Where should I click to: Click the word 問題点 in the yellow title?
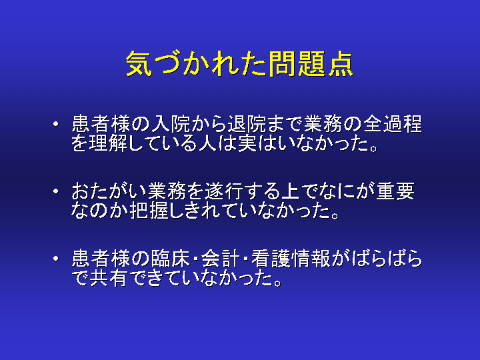pyautogui.click(x=311, y=64)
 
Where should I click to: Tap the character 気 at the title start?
pyautogui.click(x=139, y=64)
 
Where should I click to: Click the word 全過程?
pyautogui.click(x=393, y=124)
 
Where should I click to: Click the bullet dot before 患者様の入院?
pyautogui.click(x=56, y=124)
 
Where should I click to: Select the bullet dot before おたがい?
pyautogui.click(x=56, y=191)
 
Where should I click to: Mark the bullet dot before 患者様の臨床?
pyautogui.click(x=56, y=258)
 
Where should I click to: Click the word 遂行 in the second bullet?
pyautogui.click(x=225, y=191)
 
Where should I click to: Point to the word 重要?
pyautogui.click(x=395, y=191)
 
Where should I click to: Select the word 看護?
pyautogui.click(x=271, y=258)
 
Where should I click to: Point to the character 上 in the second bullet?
pyautogui.click(x=290, y=191)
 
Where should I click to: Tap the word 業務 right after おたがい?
pyautogui.click(x=166, y=191)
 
